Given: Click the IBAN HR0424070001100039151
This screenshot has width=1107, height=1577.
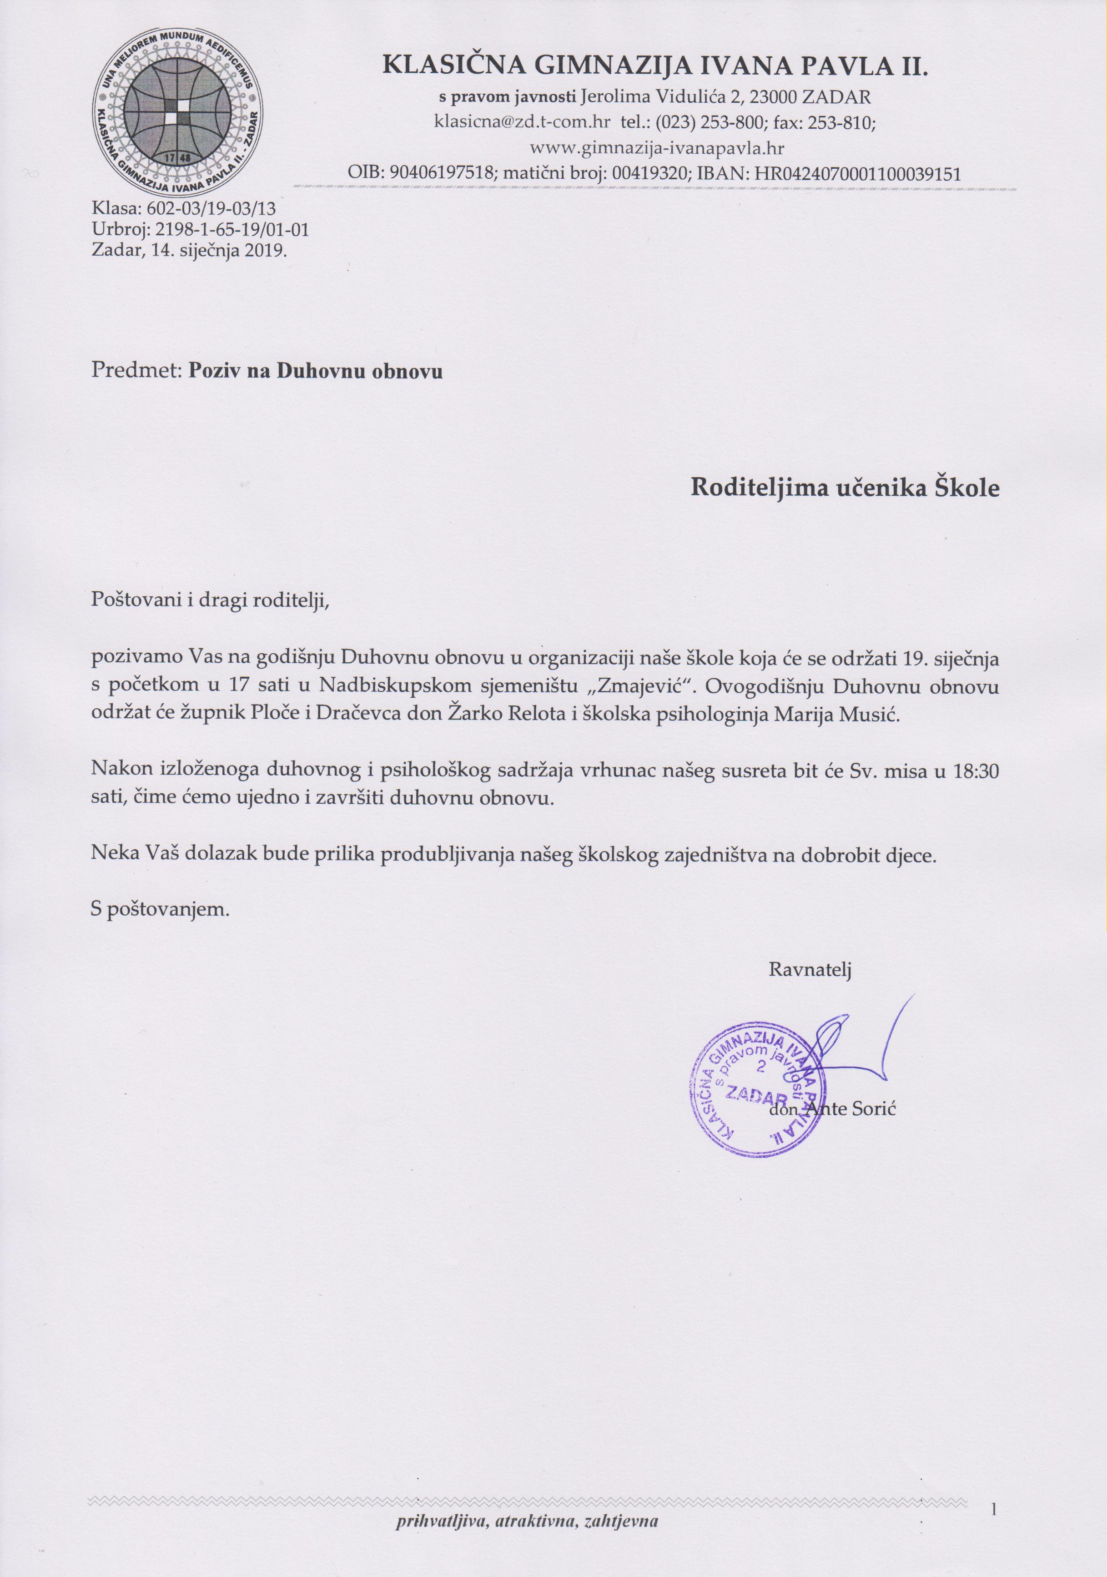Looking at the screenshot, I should tap(858, 174).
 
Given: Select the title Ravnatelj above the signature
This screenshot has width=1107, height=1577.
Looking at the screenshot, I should tap(810, 970).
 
